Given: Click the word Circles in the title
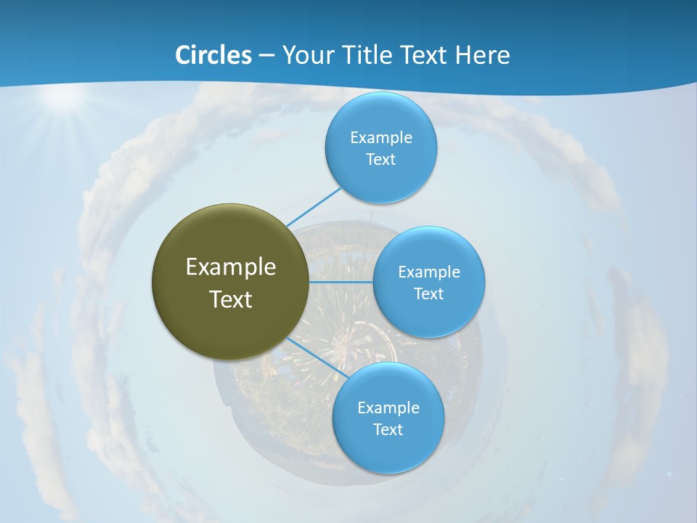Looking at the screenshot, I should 213,55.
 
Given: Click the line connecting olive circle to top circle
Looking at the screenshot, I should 314,206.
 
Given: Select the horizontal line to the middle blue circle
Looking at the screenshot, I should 341,281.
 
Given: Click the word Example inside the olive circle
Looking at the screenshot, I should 231,267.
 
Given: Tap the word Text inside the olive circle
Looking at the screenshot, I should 231,299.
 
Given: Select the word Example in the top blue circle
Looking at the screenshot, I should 380,138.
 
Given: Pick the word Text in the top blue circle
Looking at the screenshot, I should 380,160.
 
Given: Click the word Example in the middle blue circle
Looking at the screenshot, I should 428,272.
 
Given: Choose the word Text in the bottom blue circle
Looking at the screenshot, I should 388,430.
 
